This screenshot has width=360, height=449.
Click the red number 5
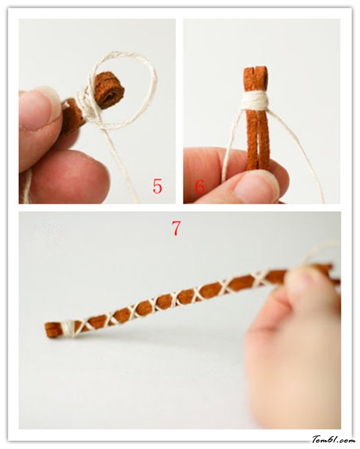157,186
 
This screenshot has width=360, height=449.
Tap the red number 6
200,187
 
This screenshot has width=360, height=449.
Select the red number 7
176,228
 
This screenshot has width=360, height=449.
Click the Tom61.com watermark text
334,439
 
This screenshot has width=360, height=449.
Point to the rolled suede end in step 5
109,91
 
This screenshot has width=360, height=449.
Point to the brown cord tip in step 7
52,330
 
